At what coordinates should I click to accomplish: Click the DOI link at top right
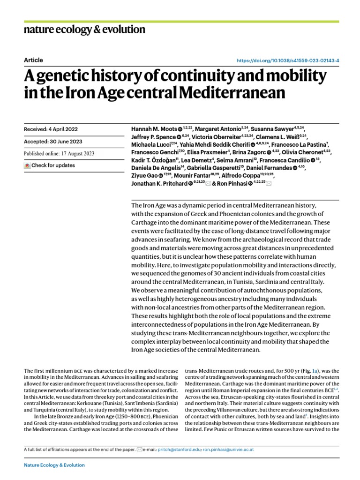click(288, 60)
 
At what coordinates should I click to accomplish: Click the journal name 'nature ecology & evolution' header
click(84, 30)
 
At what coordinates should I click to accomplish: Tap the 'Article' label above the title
click(33, 60)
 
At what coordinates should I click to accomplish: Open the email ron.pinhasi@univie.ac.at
click(228, 450)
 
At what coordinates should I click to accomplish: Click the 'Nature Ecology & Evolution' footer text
click(54, 465)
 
